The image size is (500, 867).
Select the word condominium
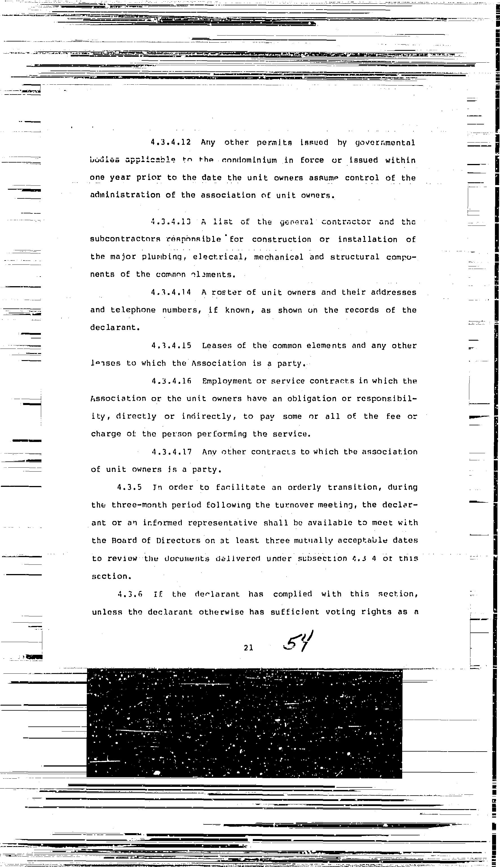pyautogui.click(x=249, y=161)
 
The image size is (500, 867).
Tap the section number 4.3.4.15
pyautogui.click(x=171, y=346)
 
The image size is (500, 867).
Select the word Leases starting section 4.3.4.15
pyautogui.click(x=217, y=346)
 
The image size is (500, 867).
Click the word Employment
pyautogui.click(x=227, y=381)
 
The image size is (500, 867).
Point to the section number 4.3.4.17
pyautogui.click(x=171, y=452)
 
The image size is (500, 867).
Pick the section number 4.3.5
pyautogui.click(x=129, y=487)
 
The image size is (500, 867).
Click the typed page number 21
pyautogui.click(x=248, y=648)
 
